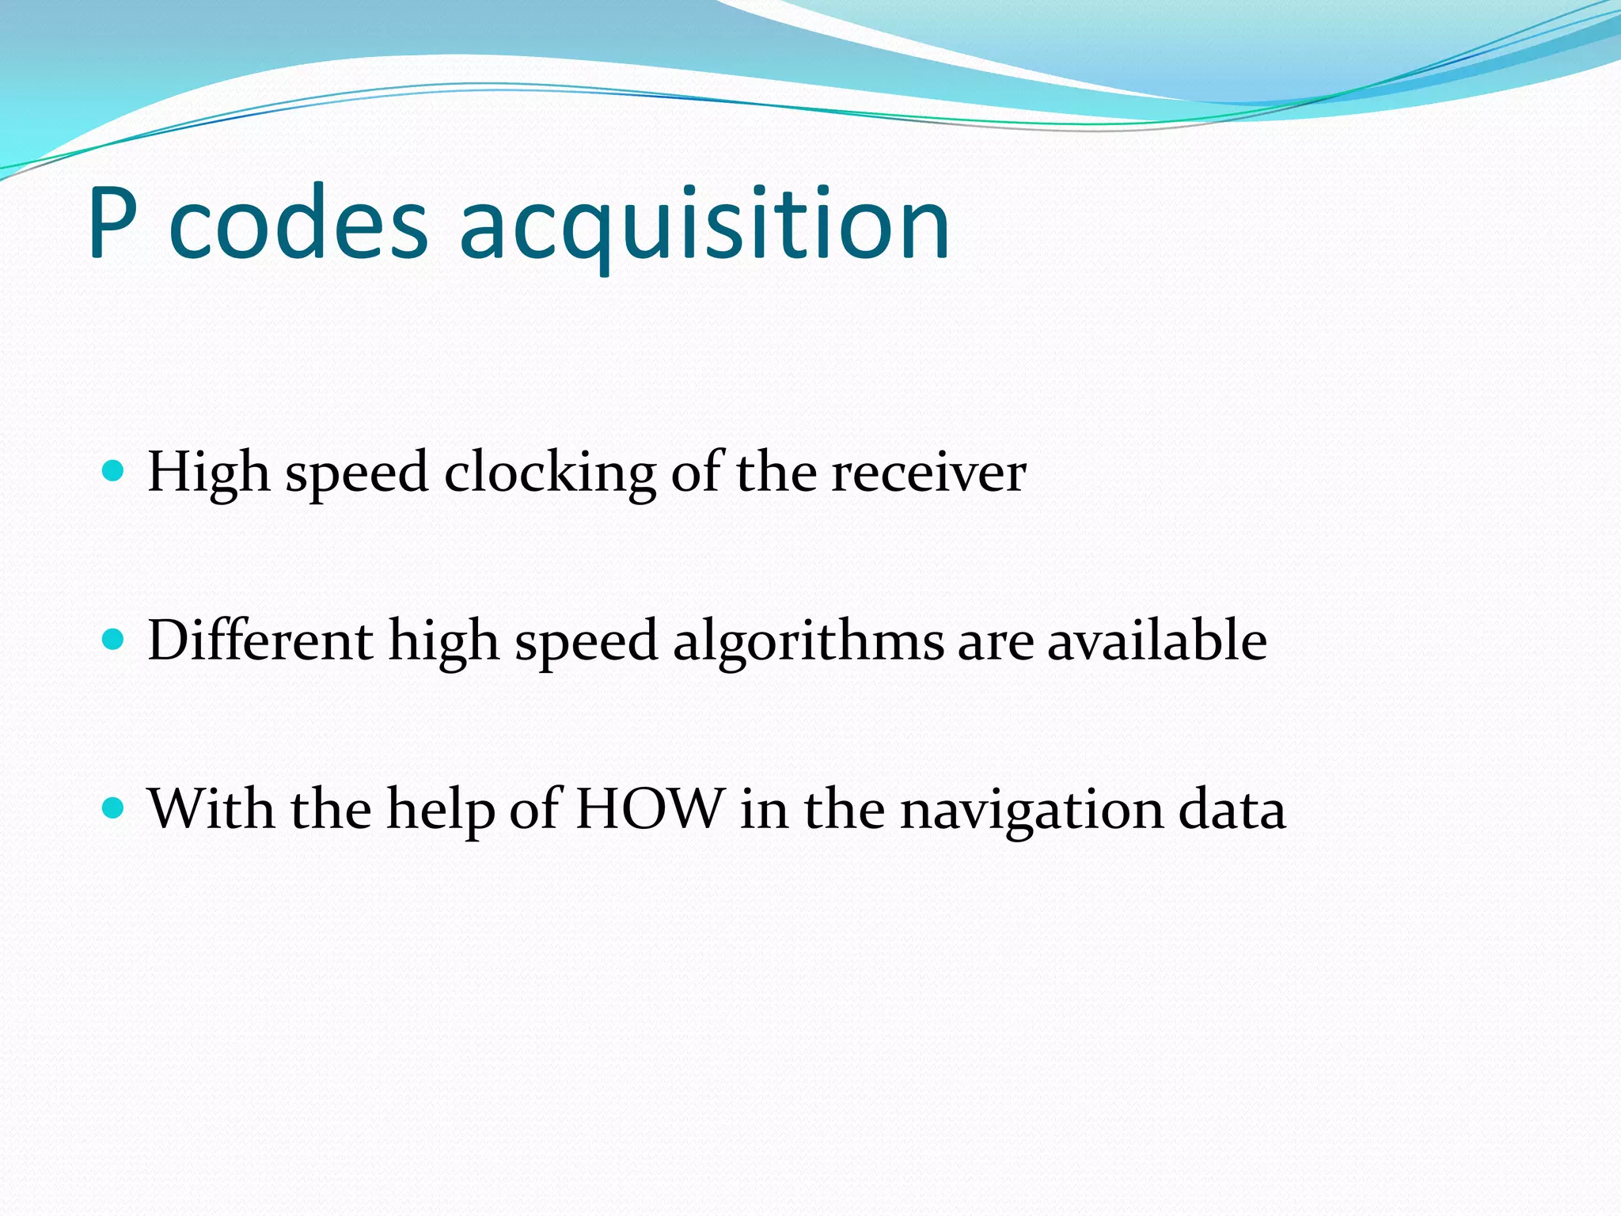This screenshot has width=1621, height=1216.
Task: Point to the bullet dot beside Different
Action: coord(114,640)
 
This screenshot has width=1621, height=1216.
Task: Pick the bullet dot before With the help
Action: coord(114,808)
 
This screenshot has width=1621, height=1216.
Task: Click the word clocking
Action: coord(549,473)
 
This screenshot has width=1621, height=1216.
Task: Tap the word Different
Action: coord(260,640)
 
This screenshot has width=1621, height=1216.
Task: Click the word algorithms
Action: coord(808,640)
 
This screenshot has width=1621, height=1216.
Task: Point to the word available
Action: coord(1156,640)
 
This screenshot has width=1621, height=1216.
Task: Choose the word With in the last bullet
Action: coord(211,809)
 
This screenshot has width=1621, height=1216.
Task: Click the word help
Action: coord(440,809)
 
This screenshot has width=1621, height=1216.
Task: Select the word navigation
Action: coord(1031,809)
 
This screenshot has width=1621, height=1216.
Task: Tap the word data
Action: coord(1232,809)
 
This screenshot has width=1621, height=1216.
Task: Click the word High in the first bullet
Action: coord(208,473)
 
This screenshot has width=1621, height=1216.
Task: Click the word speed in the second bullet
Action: coord(587,640)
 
